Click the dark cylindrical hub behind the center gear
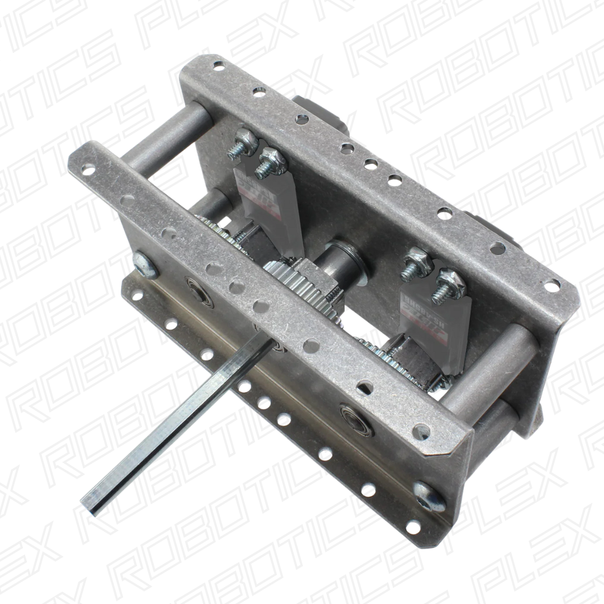341,257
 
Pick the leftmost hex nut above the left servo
245,139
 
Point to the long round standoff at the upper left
162,134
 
